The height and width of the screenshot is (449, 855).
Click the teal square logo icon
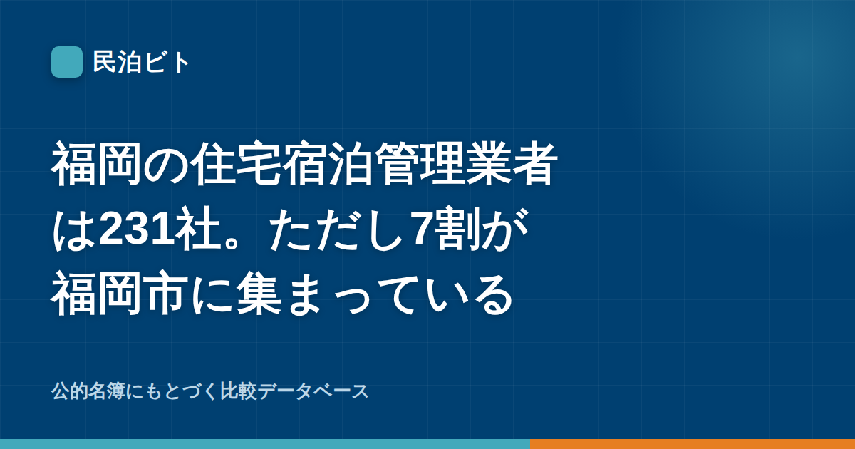point(67,62)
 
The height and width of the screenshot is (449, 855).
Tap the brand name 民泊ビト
point(141,62)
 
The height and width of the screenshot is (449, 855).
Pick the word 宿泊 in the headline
point(328,164)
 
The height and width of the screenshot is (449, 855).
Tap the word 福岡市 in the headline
point(120,293)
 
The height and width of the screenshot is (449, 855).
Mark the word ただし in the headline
point(336,229)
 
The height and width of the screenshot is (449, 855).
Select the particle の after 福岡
point(167,165)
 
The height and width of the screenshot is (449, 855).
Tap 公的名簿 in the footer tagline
point(88,391)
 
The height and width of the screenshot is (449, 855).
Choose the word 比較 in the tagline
point(239,391)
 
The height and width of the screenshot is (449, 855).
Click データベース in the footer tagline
point(313,391)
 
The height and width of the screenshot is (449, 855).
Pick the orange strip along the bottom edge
point(693,444)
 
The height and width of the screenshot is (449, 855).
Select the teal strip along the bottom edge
point(265,444)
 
